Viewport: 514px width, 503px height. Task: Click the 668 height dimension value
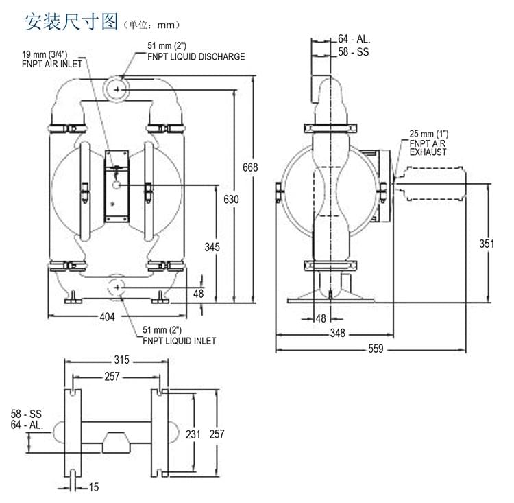coord(250,167)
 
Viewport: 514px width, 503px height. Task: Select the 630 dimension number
coord(232,200)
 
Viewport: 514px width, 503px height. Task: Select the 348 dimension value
coord(336,334)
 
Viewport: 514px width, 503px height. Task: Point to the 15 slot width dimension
coord(94,487)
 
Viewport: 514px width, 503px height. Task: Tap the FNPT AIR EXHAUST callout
coord(428,143)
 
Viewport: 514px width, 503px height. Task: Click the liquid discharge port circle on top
coord(118,89)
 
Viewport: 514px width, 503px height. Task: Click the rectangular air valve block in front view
coord(117,185)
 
